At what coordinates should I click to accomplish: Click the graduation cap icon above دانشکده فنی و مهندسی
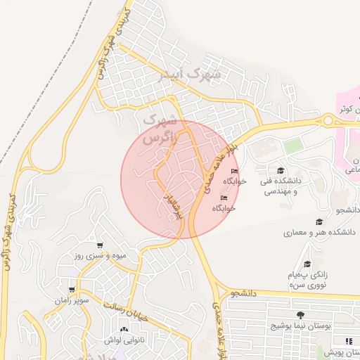click(x=281, y=171)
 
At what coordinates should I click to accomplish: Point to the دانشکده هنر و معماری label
click(x=319, y=231)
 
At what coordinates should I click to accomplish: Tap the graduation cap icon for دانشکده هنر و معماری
click(x=320, y=221)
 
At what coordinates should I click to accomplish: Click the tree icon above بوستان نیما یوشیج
click(x=301, y=315)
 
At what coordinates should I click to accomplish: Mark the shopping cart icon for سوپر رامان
click(x=72, y=290)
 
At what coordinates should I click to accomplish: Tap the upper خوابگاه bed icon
click(x=234, y=172)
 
